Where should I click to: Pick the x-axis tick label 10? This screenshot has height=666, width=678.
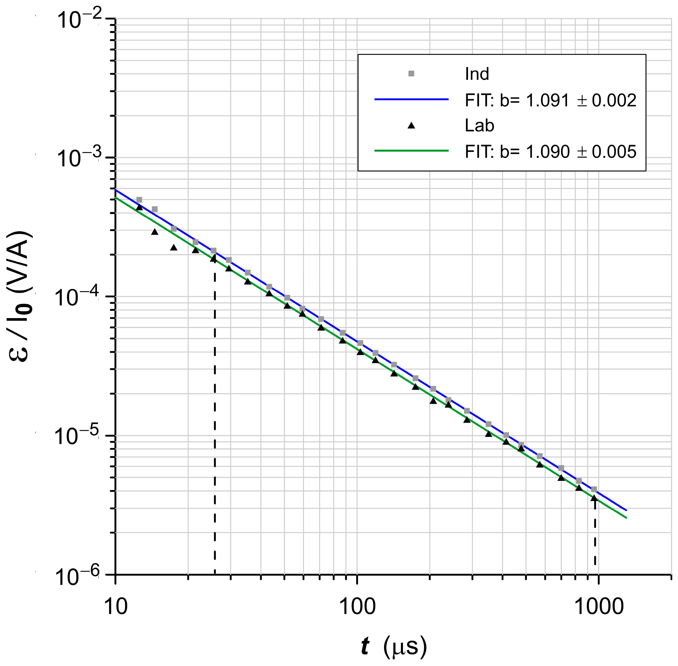click(x=116, y=607)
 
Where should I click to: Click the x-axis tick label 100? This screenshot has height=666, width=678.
click(x=357, y=607)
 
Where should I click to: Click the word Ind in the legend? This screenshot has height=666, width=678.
click(x=476, y=74)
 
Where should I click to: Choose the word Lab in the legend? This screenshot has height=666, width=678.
click(x=479, y=125)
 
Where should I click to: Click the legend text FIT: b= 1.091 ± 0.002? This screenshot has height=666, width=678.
click(x=550, y=100)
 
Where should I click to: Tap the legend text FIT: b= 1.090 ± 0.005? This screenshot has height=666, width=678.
click(x=550, y=152)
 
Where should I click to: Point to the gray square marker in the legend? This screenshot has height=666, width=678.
click(x=412, y=74)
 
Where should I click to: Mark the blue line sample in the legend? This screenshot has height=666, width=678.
click(x=412, y=99)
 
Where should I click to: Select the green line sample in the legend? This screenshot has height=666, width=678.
click(x=412, y=151)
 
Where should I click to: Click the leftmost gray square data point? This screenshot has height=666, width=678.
click(x=139, y=200)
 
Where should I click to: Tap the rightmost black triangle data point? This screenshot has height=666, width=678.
click(x=594, y=498)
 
